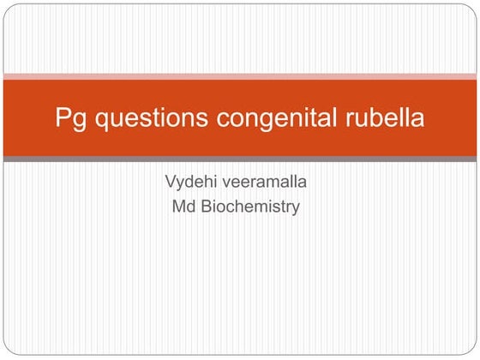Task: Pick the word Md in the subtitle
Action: tap(184, 207)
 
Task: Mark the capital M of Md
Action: tap(179, 207)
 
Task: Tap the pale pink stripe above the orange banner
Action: tap(240, 75)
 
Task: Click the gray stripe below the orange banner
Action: tap(240, 159)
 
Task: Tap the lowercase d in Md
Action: tap(192, 207)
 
